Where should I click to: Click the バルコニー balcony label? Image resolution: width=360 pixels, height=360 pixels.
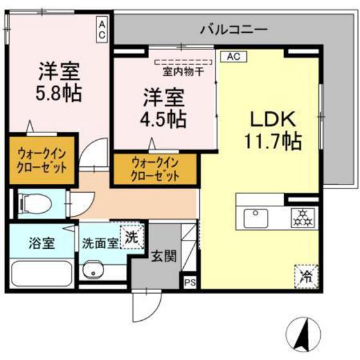click(233, 28)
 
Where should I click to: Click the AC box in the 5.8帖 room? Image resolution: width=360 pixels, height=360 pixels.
click(102, 30)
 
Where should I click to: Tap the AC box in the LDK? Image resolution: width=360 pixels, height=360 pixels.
click(233, 57)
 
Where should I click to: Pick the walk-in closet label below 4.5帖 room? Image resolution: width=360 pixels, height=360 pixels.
click(154, 168)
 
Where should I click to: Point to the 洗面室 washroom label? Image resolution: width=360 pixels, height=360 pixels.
click(99, 244)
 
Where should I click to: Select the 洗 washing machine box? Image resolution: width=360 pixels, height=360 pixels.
click(132, 236)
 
